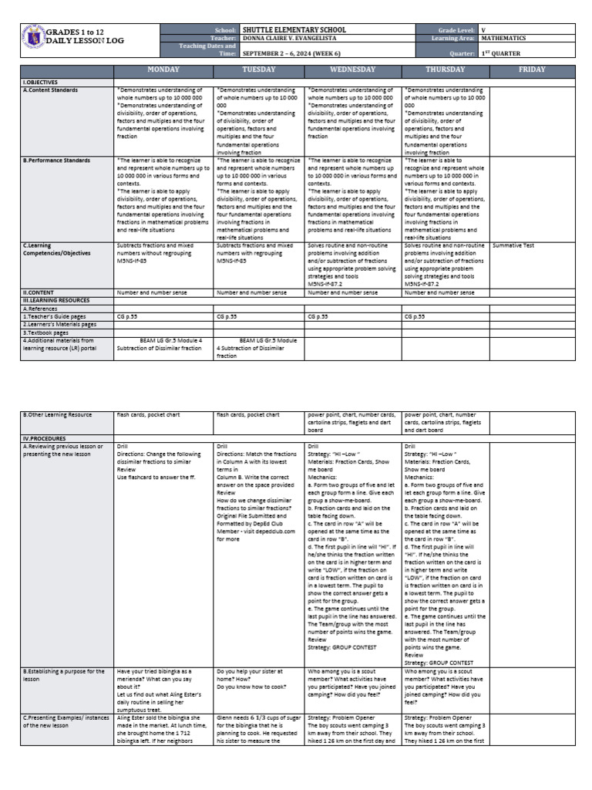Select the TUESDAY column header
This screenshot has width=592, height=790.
click(259, 69)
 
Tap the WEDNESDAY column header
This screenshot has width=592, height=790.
click(353, 69)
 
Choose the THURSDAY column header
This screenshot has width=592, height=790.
click(445, 69)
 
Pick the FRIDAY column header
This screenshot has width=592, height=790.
click(532, 69)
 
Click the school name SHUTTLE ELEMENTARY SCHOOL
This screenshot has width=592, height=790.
click(294, 29)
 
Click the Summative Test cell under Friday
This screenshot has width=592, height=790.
click(513, 245)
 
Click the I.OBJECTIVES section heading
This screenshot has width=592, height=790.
click(41, 81)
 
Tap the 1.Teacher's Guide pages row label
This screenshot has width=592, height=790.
click(54, 316)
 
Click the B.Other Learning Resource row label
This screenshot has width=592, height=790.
click(57, 415)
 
